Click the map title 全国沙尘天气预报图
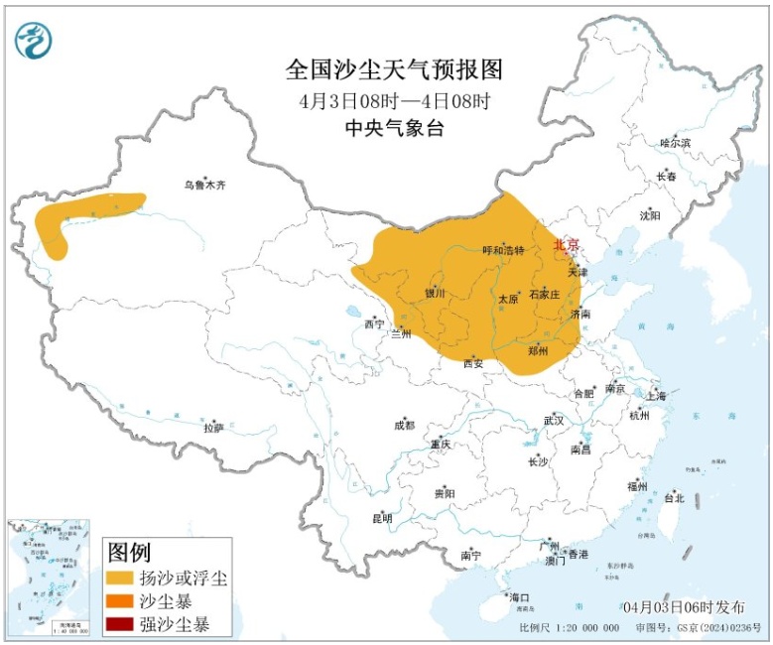[x=395, y=70]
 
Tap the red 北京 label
[x=565, y=244]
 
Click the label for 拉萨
[x=213, y=429]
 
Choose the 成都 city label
[x=404, y=426]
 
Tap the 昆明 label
[x=382, y=518]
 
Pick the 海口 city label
[x=520, y=597]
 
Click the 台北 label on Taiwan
[x=674, y=498]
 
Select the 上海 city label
[x=656, y=396]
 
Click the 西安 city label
[x=473, y=363]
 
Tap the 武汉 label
[x=553, y=421]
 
